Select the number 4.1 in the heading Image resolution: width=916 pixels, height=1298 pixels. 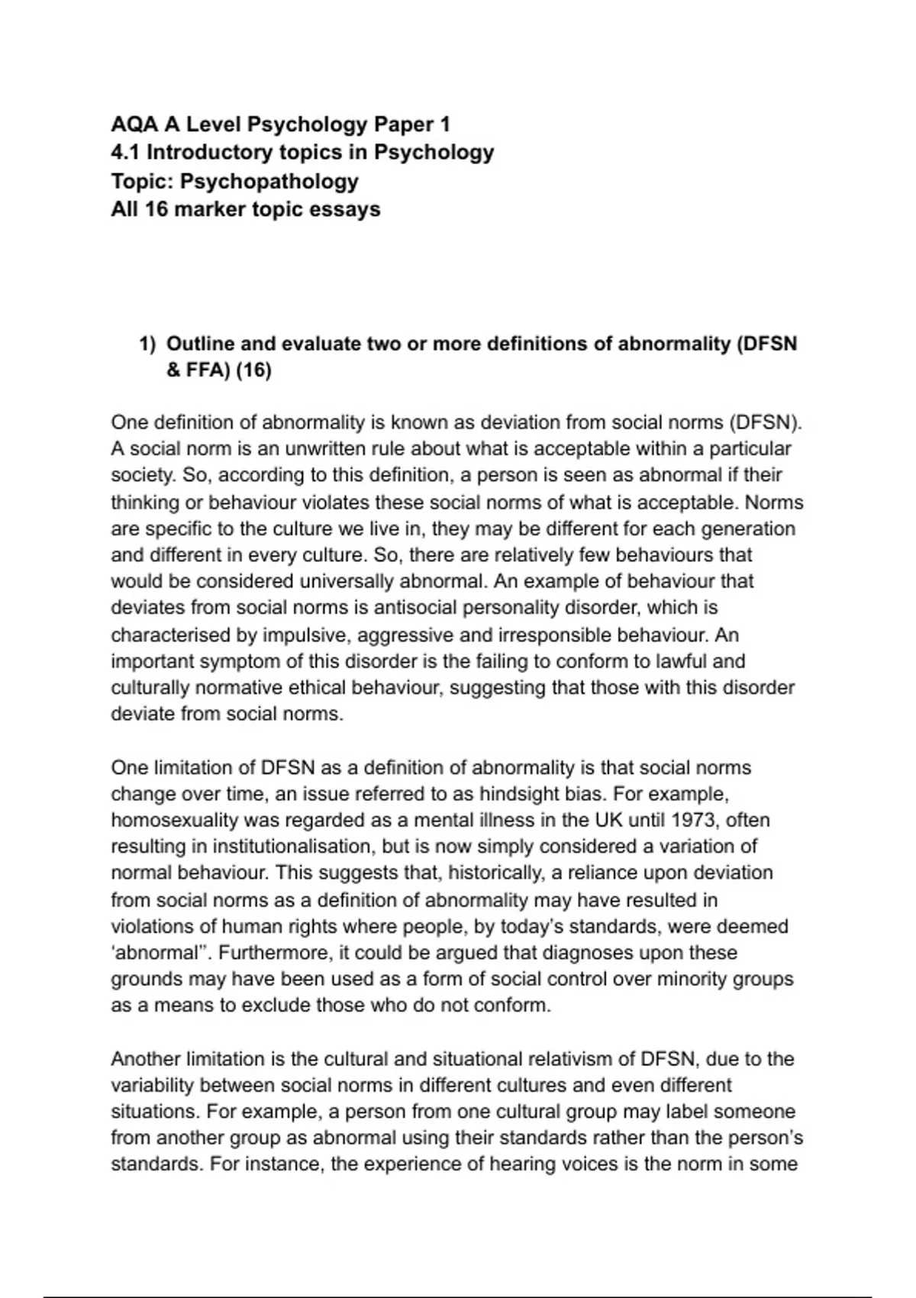(x=125, y=153)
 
